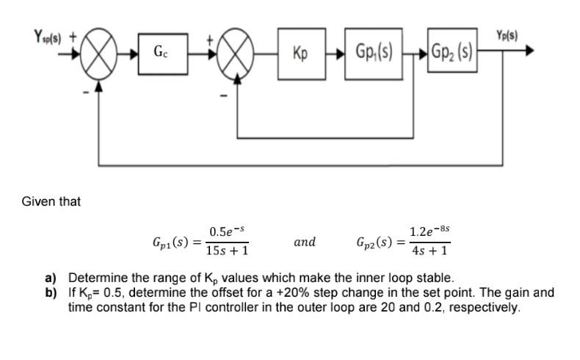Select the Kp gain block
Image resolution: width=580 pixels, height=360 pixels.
click(300, 52)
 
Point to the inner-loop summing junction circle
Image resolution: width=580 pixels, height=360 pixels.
click(236, 51)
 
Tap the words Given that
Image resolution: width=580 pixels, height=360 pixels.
click(51, 201)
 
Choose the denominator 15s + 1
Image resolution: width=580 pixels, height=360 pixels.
click(228, 251)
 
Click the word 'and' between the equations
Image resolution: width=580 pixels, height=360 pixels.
click(305, 242)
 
